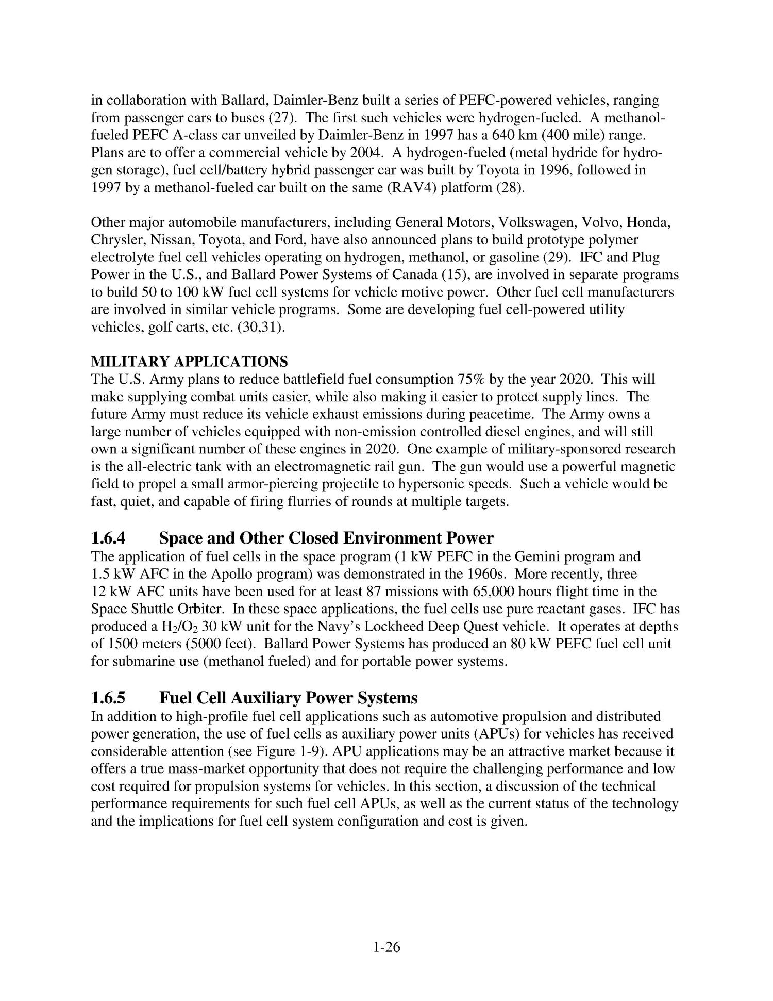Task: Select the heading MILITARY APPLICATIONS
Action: (189, 361)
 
